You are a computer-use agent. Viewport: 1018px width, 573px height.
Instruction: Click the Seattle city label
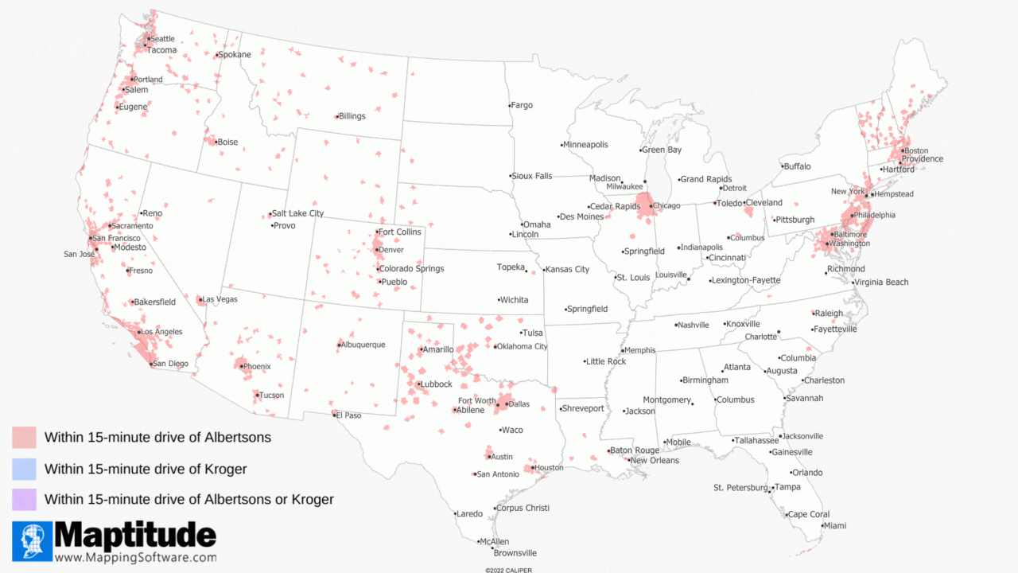162,39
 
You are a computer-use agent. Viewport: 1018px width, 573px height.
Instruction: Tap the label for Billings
352,116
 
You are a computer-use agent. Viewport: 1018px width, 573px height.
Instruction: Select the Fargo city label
522,105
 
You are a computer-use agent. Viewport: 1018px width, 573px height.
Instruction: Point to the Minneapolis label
586,145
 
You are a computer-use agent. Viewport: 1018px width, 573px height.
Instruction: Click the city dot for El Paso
334,415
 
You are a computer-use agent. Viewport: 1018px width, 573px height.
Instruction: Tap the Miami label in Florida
835,525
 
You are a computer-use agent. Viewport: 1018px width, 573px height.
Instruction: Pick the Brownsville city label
515,553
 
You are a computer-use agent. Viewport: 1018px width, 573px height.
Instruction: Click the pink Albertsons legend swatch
24,438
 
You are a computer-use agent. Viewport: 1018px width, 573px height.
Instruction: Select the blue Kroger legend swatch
24,469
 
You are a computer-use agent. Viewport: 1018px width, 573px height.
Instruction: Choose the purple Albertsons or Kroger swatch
24,500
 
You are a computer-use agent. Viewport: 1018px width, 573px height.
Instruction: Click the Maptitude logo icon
33,541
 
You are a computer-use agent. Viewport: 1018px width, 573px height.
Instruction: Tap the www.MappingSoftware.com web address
135,558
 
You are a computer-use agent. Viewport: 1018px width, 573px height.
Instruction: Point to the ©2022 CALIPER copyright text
509,570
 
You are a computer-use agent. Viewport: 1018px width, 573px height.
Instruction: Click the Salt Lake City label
297,213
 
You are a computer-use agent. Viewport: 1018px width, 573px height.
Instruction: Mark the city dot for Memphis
622,351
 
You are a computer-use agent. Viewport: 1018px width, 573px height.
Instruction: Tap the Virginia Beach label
881,283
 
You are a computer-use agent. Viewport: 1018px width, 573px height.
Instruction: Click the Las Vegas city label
220,299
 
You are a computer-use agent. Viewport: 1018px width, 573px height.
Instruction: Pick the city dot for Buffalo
782,167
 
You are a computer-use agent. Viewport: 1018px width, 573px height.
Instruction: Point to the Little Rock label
608,361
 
